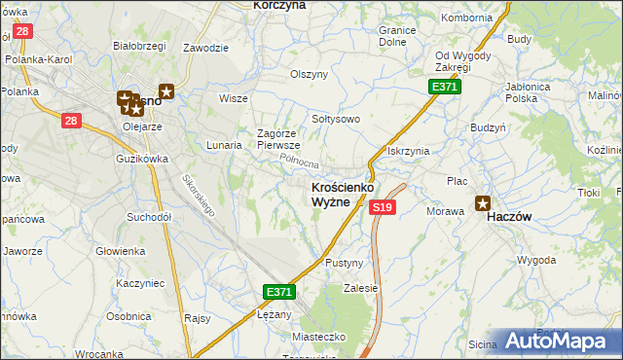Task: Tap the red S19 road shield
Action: tap(383, 207)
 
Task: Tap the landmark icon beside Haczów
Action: tap(482, 203)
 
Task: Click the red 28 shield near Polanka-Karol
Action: tap(23, 31)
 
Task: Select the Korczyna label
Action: tap(279, 5)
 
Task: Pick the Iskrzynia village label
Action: tap(408, 152)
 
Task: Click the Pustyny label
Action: tap(344, 264)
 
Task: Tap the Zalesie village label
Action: tap(360, 288)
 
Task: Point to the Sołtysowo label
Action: tap(336, 119)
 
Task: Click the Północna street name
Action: tap(299, 161)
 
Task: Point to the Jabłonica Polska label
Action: tap(535, 91)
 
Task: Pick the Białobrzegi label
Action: tap(136, 45)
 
